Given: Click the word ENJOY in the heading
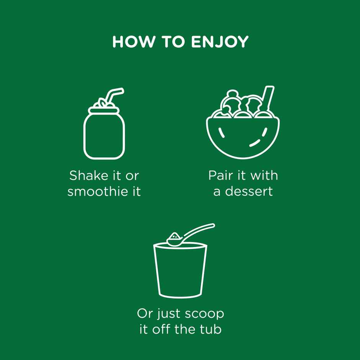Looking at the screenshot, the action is (220, 42).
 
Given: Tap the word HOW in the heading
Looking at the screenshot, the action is (133, 42).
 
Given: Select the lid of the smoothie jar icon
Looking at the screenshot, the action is (104, 111).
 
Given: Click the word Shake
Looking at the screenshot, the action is (88, 176).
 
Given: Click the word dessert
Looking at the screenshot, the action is (249, 191).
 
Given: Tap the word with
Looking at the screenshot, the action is (264, 176).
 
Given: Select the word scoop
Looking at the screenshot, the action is (205, 314).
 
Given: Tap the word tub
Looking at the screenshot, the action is (211, 329).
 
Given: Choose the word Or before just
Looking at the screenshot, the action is (145, 314).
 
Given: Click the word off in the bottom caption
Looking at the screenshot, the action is (162, 329).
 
